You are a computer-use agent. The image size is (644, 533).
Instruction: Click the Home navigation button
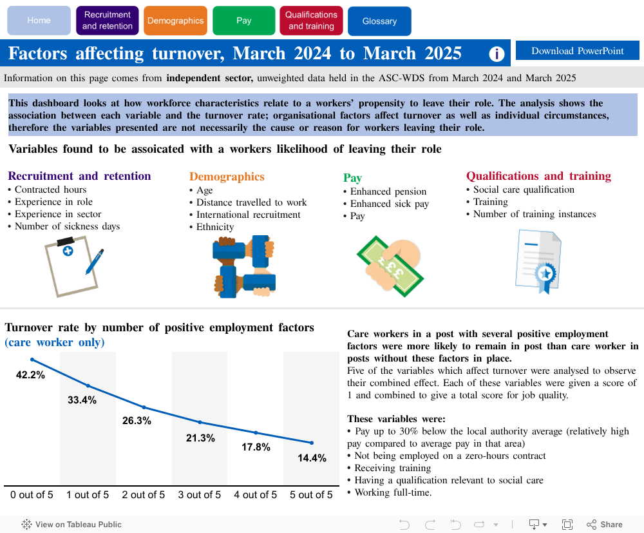pyautogui.click(x=39, y=21)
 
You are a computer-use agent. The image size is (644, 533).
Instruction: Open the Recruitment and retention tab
pyautogui.click(x=107, y=21)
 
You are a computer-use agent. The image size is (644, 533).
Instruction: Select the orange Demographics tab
pyautogui.click(x=175, y=21)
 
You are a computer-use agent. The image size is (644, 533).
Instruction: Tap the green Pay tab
pyautogui.click(x=243, y=21)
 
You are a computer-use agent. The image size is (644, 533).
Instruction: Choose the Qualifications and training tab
pyautogui.click(x=311, y=21)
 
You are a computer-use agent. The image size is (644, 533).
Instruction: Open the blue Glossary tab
pyautogui.click(x=379, y=21)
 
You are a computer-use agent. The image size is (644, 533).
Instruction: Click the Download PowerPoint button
pyautogui.click(x=577, y=51)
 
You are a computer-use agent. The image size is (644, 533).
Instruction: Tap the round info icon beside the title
pyautogui.click(x=497, y=54)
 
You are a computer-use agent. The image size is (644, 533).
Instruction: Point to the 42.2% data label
pyautogui.click(x=30, y=375)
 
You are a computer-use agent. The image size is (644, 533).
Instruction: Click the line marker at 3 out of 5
pyautogui.click(x=200, y=422)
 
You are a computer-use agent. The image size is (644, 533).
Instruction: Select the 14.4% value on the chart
pyautogui.click(x=312, y=458)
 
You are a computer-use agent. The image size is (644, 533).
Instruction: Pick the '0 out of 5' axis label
pyautogui.click(x=32, y=495)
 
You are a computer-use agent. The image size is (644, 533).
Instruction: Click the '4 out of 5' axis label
pyautogui.click(x=256, y=495)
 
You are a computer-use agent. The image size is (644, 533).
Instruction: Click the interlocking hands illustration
pyautogui.click(x=243, y=266)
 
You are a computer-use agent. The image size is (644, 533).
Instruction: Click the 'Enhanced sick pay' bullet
pyautogui.click(x=389, y=204)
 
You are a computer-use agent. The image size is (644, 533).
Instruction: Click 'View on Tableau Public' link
pyautogui.click(x=71, y=525)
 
